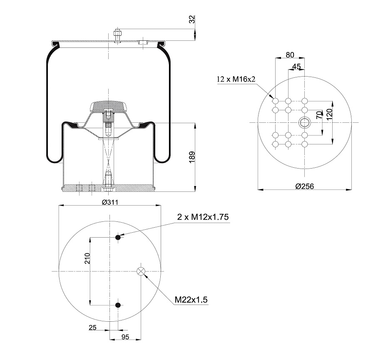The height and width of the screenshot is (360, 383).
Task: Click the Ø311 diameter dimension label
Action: pyautogui.click(x=110, y=202)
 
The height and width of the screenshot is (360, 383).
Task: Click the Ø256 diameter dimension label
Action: pyautogui.click(x=305, y=186)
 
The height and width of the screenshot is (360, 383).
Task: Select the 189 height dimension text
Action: pyautogui.click(x=192, y=157)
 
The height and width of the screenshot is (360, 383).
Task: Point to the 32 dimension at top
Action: pyautogui.click(x=192, y=19)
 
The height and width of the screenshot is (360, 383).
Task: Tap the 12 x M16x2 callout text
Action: pyautogui.click(x=236, y=79)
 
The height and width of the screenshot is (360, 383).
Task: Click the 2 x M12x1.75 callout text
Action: pyautogui.click(x=203, y=217)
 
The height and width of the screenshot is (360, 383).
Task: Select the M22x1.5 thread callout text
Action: pyautogui.click(x=191, y=299)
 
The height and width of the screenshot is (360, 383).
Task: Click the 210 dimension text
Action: pyautogui.click(x=87, y=258)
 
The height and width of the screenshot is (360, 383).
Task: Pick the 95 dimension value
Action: pyautogui.click(x=125, y=337)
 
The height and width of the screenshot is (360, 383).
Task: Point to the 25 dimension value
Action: pyautogui.click(x=92, y=328)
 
